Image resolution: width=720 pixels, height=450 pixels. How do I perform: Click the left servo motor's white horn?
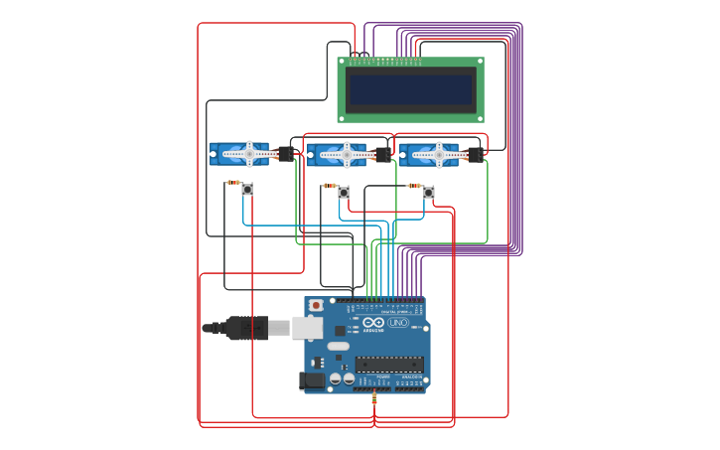[x=249, y=154]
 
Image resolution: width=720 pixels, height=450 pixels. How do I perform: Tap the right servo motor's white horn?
[x=438, y=154]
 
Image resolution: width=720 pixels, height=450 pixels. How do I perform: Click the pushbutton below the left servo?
[x=247, y=189]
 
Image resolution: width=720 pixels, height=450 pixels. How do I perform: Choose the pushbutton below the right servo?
[x=429, y=192]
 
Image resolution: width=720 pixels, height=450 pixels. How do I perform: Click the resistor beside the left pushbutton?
[x=233, y=183]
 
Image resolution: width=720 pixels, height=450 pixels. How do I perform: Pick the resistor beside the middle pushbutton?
[x=329, y=186]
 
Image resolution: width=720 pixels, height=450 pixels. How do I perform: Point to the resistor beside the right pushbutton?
[x=414, y=185]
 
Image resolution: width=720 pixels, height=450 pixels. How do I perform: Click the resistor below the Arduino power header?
[x=374, y=398]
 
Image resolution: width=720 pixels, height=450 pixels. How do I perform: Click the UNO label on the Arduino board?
[x=397, y=323]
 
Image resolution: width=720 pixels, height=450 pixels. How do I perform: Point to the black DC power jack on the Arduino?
[x=313, y=379]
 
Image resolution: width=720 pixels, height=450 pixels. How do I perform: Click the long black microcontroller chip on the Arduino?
[x=389, y=364]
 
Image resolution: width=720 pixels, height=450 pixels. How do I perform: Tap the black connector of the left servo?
[x=286, y=154]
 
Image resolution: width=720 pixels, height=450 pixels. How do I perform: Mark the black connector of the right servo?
[x=475, y=154]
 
